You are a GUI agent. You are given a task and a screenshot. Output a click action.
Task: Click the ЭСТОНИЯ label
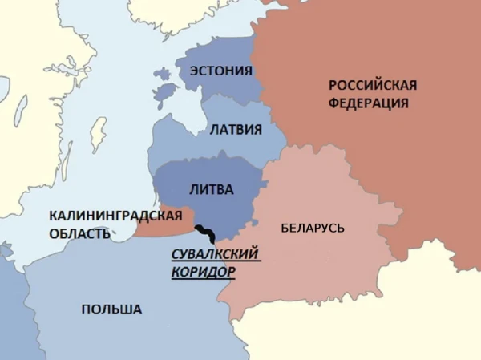click(220, 71)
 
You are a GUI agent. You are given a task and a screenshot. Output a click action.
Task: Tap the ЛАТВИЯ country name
click(235, 128)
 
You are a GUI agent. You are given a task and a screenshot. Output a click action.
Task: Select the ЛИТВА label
click(210, 190)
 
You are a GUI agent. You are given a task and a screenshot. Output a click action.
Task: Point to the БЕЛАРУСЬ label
click(313, 229)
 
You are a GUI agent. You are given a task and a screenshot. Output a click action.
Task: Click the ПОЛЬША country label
click(111, 309)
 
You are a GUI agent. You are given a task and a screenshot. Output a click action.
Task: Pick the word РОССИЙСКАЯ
click(374, 85)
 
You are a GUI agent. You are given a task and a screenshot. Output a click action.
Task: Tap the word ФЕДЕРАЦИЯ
click(369, 103)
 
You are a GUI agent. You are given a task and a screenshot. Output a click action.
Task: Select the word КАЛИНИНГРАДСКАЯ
click(110, 216)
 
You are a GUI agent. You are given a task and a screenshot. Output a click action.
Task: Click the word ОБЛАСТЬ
click(78, 233)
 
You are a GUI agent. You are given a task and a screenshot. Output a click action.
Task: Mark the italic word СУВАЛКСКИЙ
click(217, 254)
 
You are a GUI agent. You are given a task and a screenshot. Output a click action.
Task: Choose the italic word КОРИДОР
click(204, 271)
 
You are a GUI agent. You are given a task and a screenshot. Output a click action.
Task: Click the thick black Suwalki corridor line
click(205, 233)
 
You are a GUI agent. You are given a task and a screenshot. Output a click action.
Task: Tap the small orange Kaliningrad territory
click(164, 226)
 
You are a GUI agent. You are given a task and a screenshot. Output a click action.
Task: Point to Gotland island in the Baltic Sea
click(99, 132)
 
